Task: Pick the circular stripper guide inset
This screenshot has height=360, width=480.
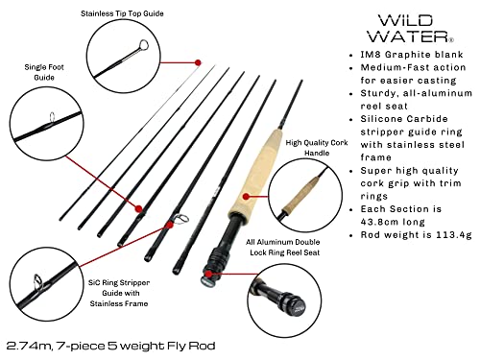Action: [x=41, y=282]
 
